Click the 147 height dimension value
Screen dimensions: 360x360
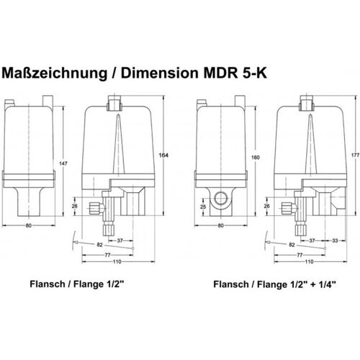[63, 163]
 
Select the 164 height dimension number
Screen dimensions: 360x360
[163, 156]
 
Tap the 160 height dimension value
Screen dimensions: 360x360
[256, 158]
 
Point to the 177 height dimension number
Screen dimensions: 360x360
[356, 156]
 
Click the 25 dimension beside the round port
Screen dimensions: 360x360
[203, 207]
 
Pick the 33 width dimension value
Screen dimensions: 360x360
[335, 240]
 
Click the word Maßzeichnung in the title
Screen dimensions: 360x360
[55, 73]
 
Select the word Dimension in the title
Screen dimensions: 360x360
[159, 73]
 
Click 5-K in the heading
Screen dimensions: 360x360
[253, 73]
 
